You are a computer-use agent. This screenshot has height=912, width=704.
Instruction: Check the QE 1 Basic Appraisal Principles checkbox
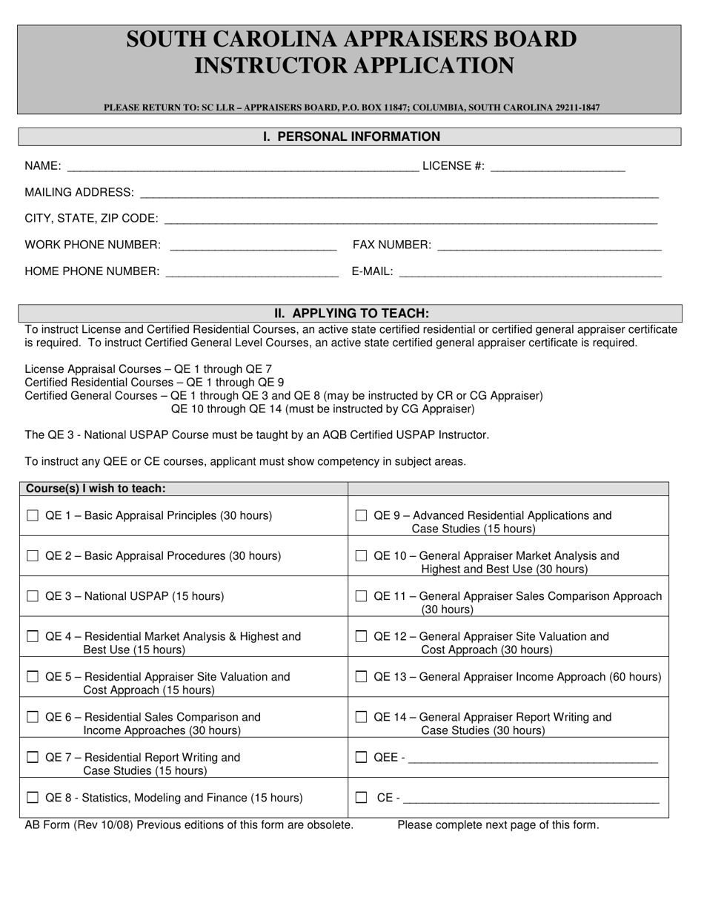click(33, 515)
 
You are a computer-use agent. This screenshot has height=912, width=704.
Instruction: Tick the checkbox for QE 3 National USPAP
click(33, 596)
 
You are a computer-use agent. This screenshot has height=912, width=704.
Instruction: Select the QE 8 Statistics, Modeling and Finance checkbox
click(33, 798)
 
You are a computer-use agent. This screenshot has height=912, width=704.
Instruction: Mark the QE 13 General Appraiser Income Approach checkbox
click(361, 676)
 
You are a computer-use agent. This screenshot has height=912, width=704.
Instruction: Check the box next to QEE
click(361, 757)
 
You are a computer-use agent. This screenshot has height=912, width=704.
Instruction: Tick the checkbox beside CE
click(361, 798)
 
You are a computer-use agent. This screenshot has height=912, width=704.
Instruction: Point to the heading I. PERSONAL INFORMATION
click(351, 136)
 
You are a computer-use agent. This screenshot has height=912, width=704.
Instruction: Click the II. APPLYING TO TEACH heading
click(351, 313)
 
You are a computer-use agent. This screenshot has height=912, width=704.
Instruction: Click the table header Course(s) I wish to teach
click(96, 489)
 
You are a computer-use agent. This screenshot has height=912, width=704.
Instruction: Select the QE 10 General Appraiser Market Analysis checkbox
click(361, 555)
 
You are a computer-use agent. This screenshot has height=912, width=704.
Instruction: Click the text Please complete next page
click(498, 825)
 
